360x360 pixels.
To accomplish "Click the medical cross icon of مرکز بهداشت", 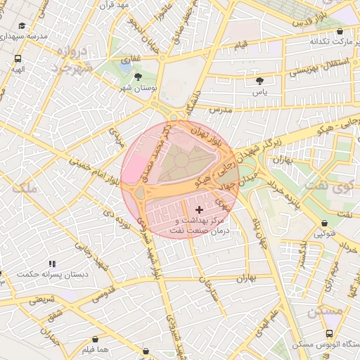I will point(199,210).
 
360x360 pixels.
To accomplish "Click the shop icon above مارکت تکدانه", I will point(340,32).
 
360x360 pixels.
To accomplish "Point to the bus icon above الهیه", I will point(18,59).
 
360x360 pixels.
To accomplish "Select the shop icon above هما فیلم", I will point(94,339).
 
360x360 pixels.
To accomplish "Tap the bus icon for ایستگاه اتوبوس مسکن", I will point(329,334).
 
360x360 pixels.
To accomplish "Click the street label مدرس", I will point(220,110).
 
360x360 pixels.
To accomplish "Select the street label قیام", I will point(241,44).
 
